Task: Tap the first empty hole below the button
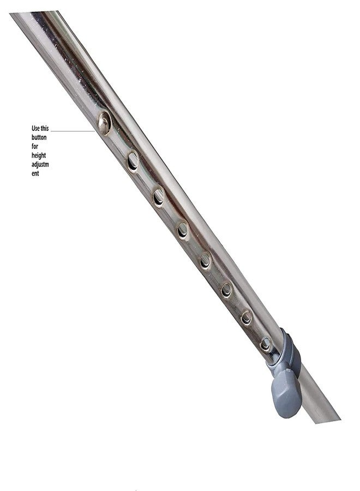tap(133, 161)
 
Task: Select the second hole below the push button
tap(159, 197)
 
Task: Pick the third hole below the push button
tap(183, 230)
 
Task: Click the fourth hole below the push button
tap(205, 261)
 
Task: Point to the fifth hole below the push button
tap(226, 290)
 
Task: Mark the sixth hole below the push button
tap(247, 318)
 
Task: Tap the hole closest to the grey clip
tap(266, 344)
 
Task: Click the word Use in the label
tap(35, 128)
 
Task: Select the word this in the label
tap(45, 128)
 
